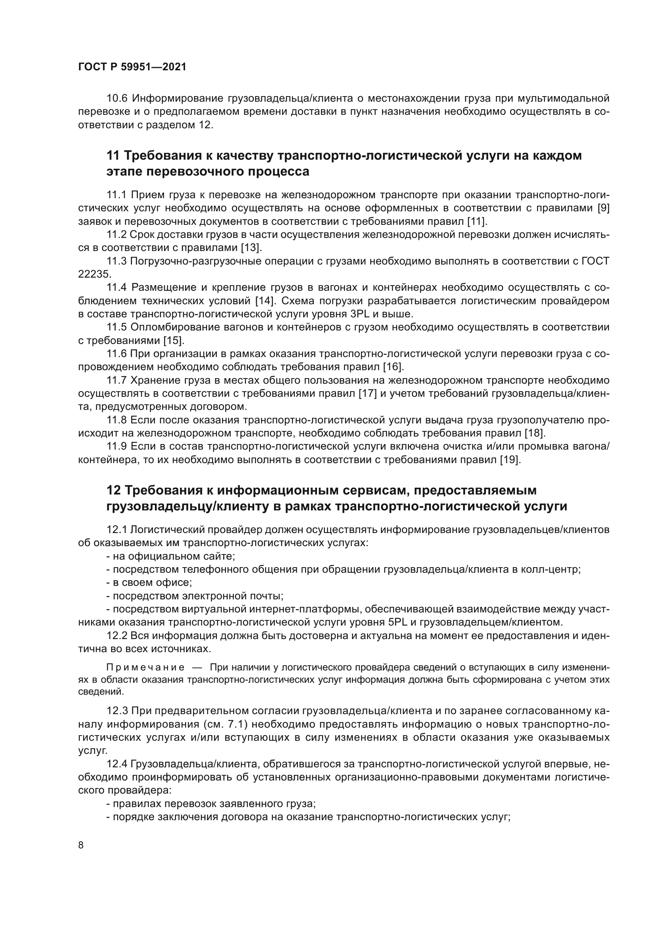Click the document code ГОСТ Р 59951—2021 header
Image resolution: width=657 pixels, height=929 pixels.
(132, 67)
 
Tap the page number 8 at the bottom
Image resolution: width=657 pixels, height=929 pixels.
(81, 845)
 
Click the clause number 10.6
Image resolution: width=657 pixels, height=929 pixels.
(117, 99)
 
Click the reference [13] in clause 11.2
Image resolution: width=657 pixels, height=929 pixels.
(251, 247)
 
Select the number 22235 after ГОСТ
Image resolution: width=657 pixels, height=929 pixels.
(93, 274)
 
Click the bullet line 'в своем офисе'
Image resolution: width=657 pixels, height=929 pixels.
(149, 583)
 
